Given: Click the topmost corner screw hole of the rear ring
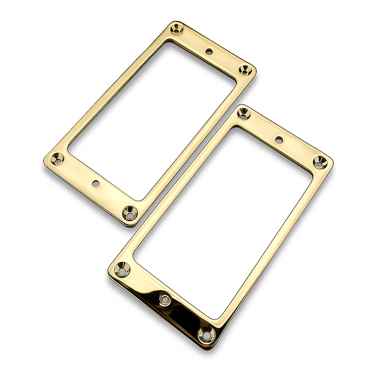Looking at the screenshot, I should pos(177,29).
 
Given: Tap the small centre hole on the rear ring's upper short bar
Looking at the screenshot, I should pos(209,51).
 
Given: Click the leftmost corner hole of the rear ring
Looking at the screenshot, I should pos(57,158).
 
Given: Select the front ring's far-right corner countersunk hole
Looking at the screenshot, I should pos(320,161).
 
